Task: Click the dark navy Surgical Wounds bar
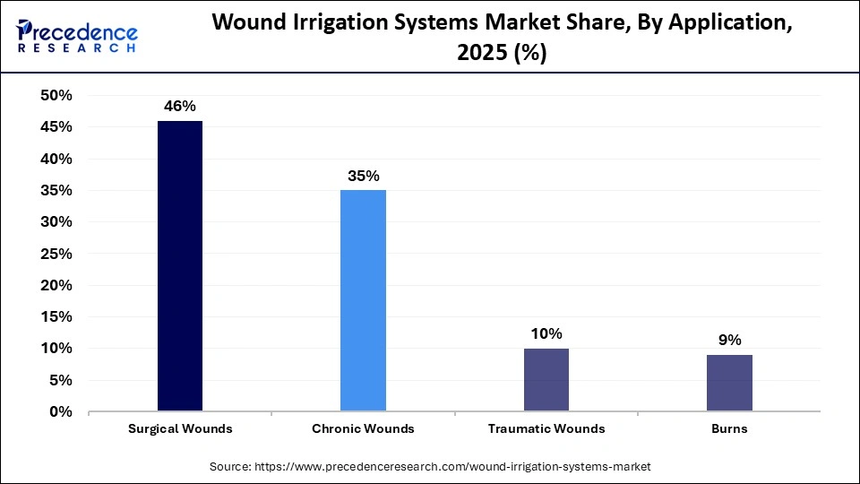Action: [180, 265]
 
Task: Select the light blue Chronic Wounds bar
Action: [363, 300]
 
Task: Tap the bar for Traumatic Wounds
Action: [546, 379]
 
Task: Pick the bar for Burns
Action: [729, 383]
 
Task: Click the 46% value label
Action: [180, 106]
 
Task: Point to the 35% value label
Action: [363, 176]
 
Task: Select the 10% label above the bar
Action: [546, 333]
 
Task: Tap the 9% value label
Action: [729, 340]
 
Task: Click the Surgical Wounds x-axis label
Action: [180, 428]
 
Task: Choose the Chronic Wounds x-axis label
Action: [363, 428]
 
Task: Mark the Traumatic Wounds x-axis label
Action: [546, 428]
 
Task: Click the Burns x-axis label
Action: [729, 428]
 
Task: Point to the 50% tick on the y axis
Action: [56, 96]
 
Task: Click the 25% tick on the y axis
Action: [56, 254]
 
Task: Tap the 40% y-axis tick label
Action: [56, 159]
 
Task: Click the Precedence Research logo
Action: [77, 36]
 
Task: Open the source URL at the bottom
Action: [430, 467]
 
